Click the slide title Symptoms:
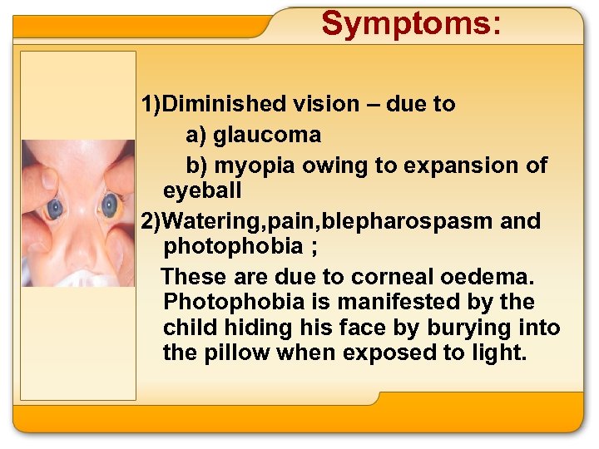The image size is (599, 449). [x=411, y=24]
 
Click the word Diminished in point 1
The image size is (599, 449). [x=224, y=104]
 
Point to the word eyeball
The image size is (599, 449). [x=202, y=190]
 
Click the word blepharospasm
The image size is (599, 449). [x=411, y=221]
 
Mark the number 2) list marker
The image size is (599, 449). [x=152, y=221]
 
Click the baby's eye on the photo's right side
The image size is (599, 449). [x=109, y=204]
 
